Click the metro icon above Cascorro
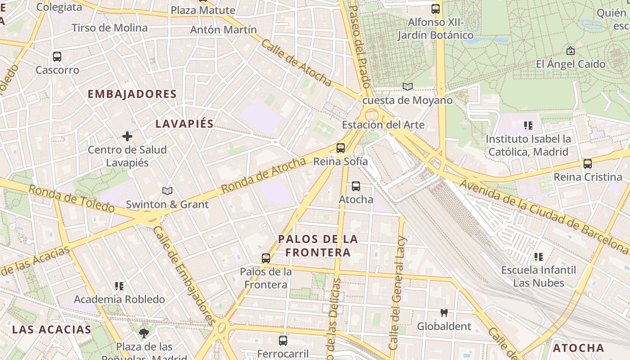pos(57,57)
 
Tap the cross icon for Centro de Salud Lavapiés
pos(127,136)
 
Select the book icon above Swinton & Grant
pos(167,191)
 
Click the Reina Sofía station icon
pos(341,148)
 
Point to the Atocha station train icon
pos(356,186)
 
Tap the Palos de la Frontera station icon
pos(266,258)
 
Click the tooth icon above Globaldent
pos(444,313)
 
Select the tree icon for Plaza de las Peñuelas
pos(144,333)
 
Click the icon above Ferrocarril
pos(283,341)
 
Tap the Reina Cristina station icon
pos(588,164)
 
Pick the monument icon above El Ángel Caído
pos(571,50)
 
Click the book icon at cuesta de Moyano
pos(408,86)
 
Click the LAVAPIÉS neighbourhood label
pos(184,124)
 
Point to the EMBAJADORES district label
pos(132,94)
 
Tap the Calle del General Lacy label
pos(398,292)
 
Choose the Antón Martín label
pos(224,30)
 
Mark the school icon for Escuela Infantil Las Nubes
pos(539,257)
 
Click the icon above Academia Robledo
pos(119,286)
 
